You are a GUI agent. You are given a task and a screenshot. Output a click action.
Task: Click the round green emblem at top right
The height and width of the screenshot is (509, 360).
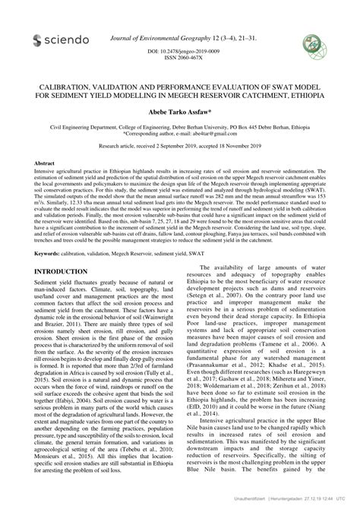point(312,41)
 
